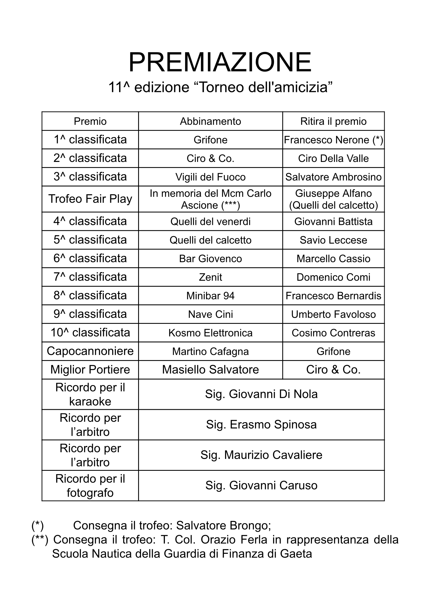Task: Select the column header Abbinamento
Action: pyautogui.click(x=210, y=121)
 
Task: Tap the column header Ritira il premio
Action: pyautogui.click(x=333, y=121)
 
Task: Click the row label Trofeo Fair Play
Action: pyautogui.click(x=90, y=199)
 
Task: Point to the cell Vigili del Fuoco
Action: pyautogui.click(x=210, y=177)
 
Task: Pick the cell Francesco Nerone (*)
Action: pyautogui.click(x=333, y=140)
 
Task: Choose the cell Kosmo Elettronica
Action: pyautogui.click(x=210, y=333)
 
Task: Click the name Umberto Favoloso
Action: pyautogui.click(x=333, y=314)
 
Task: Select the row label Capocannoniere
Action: pyautogui.click(x=90, y=351)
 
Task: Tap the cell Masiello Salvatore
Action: pyautogui.click(x=210, y=370)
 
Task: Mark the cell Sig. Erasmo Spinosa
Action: pyautogui.click(x=261, y=424)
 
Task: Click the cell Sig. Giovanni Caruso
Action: pyautogui.click(x=261, y=485)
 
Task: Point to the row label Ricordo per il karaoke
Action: pyautogui.click(x=90, y=394)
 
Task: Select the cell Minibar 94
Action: pyautogui.click(x=210, y=296)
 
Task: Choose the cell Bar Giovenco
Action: pyautogui.click(x=210, y=259)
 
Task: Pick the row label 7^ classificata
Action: pyautogui.click(x=90, y=277)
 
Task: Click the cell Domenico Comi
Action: pyautogui.click(x=333, y=277)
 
